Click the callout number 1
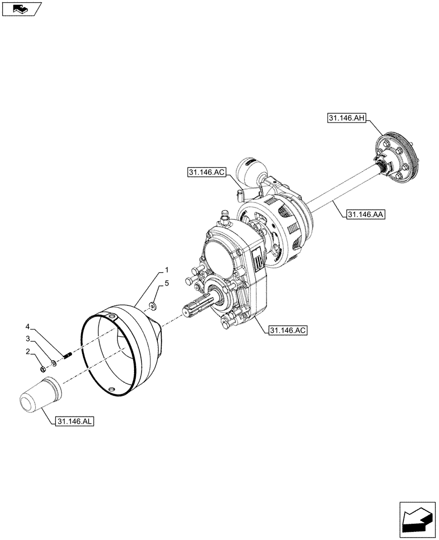167,269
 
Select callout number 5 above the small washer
167,282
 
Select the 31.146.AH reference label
347,117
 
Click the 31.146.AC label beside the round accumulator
207,172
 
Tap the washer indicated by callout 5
154,306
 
